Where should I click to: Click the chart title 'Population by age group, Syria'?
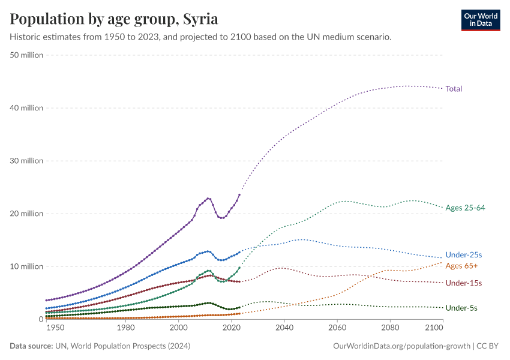pyautogui.click(x=114, y=19)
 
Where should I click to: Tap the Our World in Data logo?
pyautogui.click(x=480, y=19)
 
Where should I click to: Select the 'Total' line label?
pyautogui.click(x=454, y=89)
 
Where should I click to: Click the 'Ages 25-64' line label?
pyautogui.click(x=465, y=208)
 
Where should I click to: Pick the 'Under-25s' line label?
pyautogui.click(x=464, y=255)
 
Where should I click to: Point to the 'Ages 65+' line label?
pyautogui.click(x=461, y=266)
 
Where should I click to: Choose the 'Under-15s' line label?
pyautogui.click(x=464, y=283)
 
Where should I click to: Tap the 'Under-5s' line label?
pyautogui.click(x=461, y=308)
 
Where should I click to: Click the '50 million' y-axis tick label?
pyautogui.click(x=27, y=55)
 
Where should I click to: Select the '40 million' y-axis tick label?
pyautogui.click(x=27, y=108)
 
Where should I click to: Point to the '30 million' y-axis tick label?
pyautogui.click(x=27, y=161)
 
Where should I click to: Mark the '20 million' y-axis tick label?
pyautogui.click(x=27, y=214)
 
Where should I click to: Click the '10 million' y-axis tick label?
pyautogui.click(x=27, y=266)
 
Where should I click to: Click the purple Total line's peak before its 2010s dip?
pyautogui.click(x=208, y=199)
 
